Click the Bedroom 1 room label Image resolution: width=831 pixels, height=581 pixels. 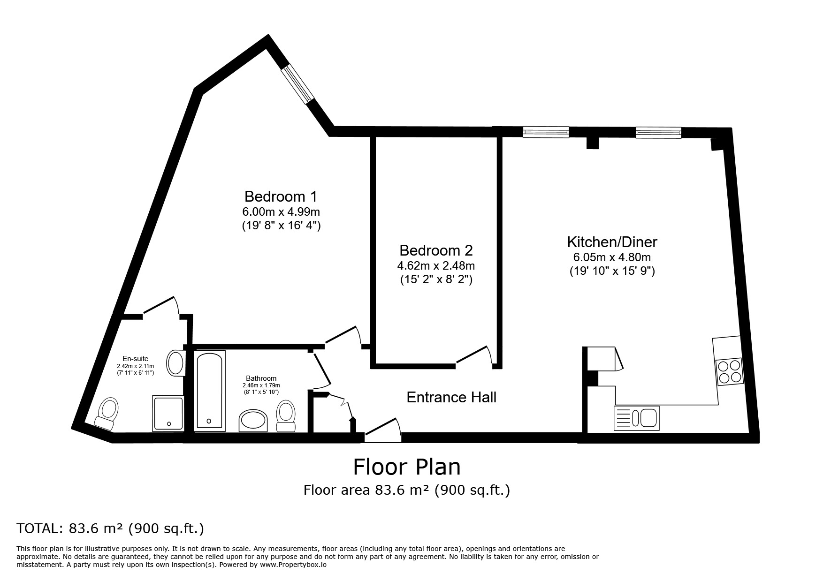click(x=281, y=196)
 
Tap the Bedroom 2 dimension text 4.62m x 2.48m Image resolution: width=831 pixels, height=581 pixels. click(x=436, y=266)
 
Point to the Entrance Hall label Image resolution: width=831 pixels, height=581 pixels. click(x=451, y=398)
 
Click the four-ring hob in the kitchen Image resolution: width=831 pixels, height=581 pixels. click(x=729, y=371)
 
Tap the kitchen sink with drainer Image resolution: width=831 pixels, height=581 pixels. click(x=636, y=418)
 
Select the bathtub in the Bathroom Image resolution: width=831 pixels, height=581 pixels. click(x=210, y=390)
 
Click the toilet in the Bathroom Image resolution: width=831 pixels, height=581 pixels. click(x=285, y=415)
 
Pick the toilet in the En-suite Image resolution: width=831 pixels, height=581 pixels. click(x=107, y=413)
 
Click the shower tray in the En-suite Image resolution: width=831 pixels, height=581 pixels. click(x=168, y=413)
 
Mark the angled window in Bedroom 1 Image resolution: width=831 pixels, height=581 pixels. click(x=297, y=83)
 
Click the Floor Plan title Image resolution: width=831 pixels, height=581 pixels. click(x=406, y=467)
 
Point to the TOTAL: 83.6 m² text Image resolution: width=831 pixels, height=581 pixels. click(x=110, y=528)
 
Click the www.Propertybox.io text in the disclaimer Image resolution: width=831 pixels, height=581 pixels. click(x=293, y=565)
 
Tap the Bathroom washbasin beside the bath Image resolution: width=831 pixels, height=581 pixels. click(x=253, y=420)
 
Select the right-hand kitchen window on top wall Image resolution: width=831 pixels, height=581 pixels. click(x=658, y=133)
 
